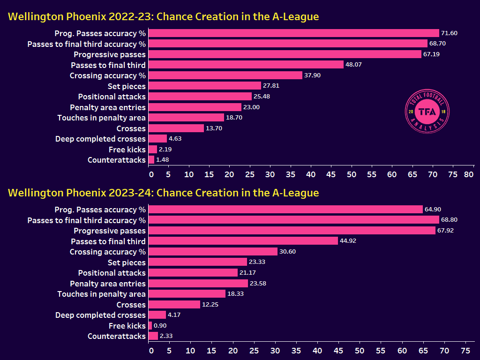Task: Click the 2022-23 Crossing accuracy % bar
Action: coord(225,75)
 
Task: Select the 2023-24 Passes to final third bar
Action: coord(243,241)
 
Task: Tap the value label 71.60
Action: coord(450,33)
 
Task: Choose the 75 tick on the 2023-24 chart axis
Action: coord(465,351)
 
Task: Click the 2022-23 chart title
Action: coord(163,17)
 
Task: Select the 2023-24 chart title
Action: coord(163,193)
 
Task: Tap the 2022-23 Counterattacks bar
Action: coord(151,160)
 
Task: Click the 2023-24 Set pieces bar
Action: coord(197,262)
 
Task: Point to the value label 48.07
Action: coord(355,65)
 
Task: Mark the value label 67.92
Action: coord(446,231)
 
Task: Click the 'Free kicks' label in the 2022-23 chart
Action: coord(127,150)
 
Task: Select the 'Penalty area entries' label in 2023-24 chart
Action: coord(108,284)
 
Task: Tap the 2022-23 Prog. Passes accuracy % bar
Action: coord(293,33)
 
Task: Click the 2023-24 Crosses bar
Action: coord(174,305)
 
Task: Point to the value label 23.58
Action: coord(259,284)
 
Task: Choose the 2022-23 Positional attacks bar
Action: coord(200,97)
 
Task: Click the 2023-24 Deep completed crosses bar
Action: coord(157,315)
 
